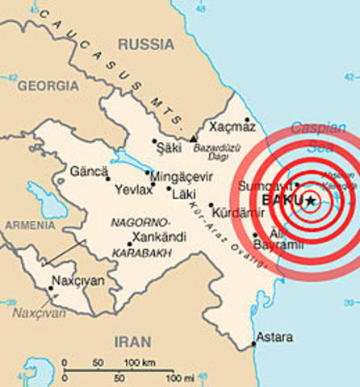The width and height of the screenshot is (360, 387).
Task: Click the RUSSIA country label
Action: (x=142, y=44)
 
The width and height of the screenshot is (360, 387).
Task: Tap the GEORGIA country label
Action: (x=48, y=85)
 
